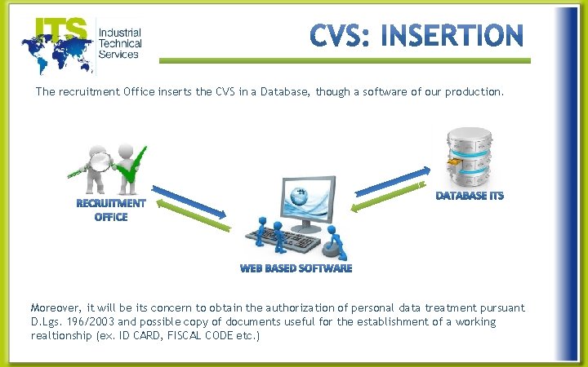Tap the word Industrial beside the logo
pos(118,33)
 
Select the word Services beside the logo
pos(118,55)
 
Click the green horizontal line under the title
pos(343,60)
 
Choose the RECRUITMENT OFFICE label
pos(111,210)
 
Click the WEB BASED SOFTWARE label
pos(296,268)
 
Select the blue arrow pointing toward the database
pos(391,182)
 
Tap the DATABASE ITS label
pos(470,196)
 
